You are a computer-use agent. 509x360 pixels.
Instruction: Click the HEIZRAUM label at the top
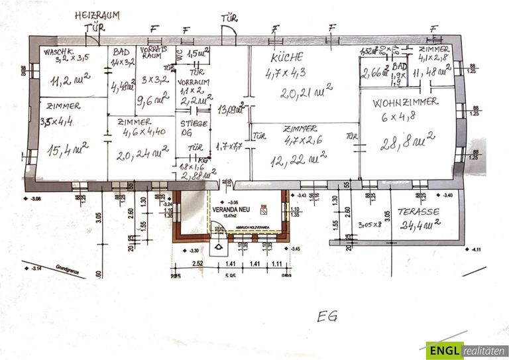pyautogui.click(x=97, y=15)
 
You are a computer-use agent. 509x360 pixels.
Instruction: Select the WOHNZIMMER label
pyautogui.click(x=405, y=103)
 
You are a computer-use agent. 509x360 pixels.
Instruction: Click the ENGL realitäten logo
pyautogui.click(x=466, y=351)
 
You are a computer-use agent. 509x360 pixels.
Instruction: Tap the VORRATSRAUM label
pyautogui.click(x=152, y=54)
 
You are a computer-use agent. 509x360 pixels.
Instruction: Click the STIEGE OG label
pyautogui.click(x=193, y=127)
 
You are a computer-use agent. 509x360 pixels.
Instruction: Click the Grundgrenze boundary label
pyautogui.click(x=69, y=271)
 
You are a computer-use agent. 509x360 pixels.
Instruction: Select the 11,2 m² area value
pyautogui.click(x=69, y=80)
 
